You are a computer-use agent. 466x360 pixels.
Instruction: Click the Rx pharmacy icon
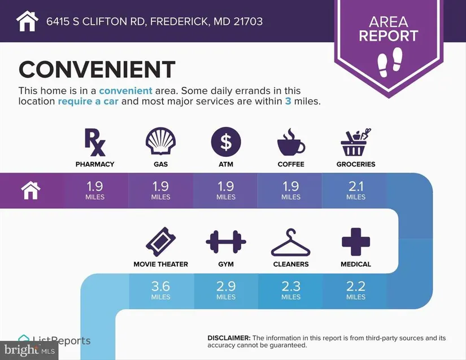pyautogui.click(x=95, y=142)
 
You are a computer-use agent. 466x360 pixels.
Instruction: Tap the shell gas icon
pyautogui.click(x=160, y=141)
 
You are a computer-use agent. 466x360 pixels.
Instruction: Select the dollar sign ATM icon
pyautogui.click(x=226, y=142)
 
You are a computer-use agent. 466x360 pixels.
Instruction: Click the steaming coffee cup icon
pyautogui.click(x=291, y=142)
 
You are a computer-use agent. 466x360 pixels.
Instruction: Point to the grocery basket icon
pyautogui.click(x=356, y=142)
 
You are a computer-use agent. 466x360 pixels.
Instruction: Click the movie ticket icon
pyautogui.click(x=160, y=242)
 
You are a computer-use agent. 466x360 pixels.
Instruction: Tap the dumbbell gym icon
pyautogui.click(x=226, y=242)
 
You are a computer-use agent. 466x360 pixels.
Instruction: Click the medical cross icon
pyautogui.click(x=356, y=242)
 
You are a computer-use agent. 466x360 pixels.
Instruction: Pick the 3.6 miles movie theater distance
pyautogui.click(x=160, y=290)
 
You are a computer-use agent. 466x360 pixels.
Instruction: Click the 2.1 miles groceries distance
pyautogui.click(x=356, y=190)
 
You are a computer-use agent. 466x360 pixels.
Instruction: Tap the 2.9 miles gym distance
pyautogui.click(x=226, y=290)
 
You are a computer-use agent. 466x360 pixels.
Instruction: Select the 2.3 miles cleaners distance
pyautogui.click(x=291, y=290)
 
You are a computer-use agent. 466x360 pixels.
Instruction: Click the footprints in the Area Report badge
pyautogui.click(x=390, y=62)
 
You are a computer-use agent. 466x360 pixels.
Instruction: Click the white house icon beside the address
pyautogui.click(x=27, y=21)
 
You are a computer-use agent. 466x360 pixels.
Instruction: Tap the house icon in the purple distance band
pyautogui.click(x=31, y=191)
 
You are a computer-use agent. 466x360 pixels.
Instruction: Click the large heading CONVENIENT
pyautogui.click(x=97, y=69)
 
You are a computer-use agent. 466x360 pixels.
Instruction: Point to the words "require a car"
pyautogui.click(x=88, y=101)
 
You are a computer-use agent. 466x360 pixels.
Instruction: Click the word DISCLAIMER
pyautogui.click(x=229, y=338)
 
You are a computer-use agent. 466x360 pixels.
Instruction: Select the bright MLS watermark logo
pyautogui.click(x=29, y=350)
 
